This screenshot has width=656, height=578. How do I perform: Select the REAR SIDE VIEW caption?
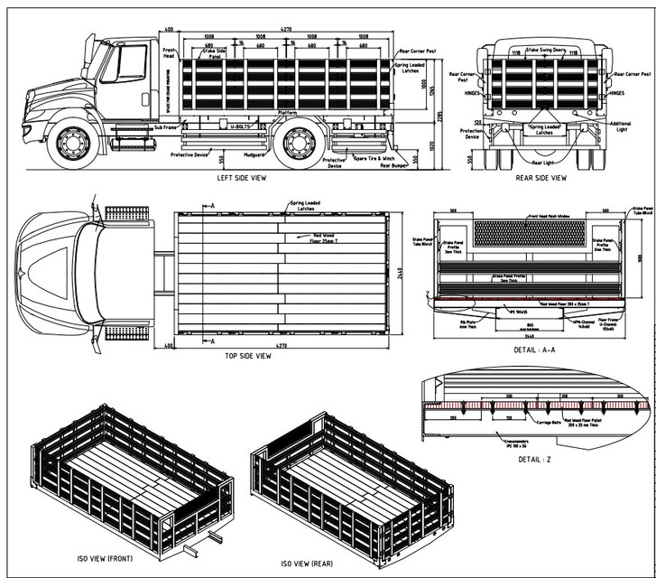(541, 177)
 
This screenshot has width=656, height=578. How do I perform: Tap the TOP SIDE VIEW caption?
(247, 356)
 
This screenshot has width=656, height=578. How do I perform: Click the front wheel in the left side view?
(72, 144)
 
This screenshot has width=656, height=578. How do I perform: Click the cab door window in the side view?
(127, 63)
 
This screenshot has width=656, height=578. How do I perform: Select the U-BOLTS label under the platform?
(241, 127)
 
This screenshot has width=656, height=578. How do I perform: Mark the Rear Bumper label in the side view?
(393, 165)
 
